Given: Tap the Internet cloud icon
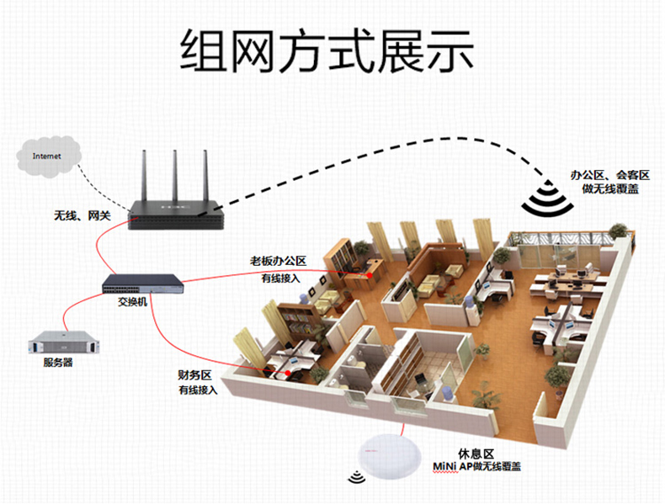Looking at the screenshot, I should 48,156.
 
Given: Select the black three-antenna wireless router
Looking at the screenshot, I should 177,215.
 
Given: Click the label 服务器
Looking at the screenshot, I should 58,363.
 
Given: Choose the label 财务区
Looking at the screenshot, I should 198,375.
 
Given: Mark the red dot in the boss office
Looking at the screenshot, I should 368,273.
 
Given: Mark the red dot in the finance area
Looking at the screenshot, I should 287,371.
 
